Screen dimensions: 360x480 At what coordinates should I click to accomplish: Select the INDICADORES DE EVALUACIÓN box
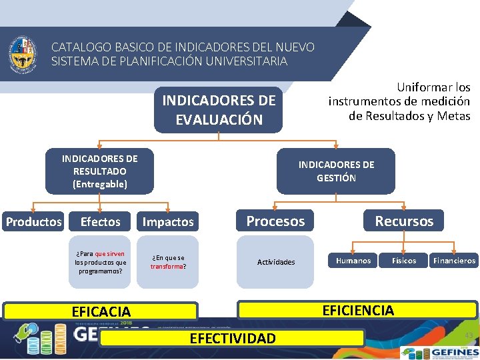point(219,110)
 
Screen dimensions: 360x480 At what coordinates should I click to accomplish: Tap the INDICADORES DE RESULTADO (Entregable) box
point(99,171)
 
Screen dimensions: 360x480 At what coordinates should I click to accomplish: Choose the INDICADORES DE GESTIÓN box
point(336,171)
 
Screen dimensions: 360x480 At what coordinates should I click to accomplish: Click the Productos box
point(33,222)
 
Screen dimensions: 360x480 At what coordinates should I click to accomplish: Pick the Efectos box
point(100,222)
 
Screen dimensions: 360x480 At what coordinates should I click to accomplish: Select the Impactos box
point(167,222)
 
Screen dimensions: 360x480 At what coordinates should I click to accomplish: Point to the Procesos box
point(275,221)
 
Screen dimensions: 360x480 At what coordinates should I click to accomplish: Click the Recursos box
point(404,221)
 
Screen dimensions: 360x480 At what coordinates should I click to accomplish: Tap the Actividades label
point(276,262)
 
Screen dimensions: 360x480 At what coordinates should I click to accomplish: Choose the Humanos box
point(353,261)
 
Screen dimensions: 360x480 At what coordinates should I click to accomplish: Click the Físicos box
point(404,261)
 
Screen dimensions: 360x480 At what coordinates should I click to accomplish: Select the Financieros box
point(454,261)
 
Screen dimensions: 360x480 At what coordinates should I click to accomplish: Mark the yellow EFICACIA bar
point(101,311)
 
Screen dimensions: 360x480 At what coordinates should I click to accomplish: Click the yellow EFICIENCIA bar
point(358,310)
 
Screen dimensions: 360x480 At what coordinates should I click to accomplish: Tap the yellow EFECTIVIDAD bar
point(232,339)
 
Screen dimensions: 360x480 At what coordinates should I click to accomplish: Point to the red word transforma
point(167,267)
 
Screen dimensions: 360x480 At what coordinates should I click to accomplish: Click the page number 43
point(468,335)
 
